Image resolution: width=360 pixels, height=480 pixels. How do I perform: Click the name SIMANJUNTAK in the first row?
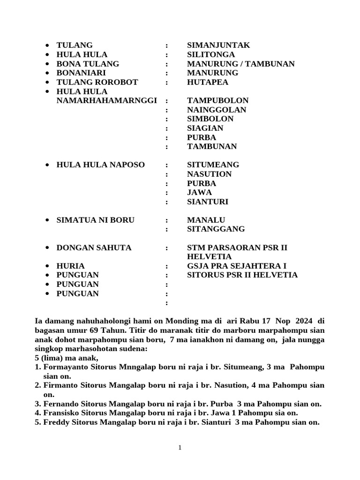coord(218,45)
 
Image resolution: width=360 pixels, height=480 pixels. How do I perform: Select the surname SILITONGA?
coord(211,55)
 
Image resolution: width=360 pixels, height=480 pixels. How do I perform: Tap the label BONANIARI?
coord(81,73)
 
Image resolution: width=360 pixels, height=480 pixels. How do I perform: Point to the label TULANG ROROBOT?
coord(97,82)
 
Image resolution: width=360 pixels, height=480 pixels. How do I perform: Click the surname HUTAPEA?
coord(208,82)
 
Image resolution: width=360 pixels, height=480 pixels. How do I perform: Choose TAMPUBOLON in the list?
coord(217,101)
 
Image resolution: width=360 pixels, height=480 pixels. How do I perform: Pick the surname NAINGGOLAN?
coord(217,110)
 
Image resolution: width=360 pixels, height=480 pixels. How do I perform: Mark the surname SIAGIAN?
coord(205,128)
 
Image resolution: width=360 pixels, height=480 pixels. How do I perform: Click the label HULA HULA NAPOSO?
coord(100,165)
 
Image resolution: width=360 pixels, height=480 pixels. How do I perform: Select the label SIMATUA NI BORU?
coord(95,220)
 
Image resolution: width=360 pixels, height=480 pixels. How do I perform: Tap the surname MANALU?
coord(206,220)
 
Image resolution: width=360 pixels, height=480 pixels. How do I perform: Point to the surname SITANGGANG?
coord(216,229)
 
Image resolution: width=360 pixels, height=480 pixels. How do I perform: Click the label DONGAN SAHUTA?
coord(94,247)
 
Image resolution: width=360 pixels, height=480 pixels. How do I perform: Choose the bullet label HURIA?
coord(70,266)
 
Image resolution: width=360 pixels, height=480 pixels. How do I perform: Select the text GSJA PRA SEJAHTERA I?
coord(237,266)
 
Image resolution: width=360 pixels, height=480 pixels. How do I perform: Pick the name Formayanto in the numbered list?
coord(64,367)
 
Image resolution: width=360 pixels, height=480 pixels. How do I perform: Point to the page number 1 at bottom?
coord(180,448)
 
